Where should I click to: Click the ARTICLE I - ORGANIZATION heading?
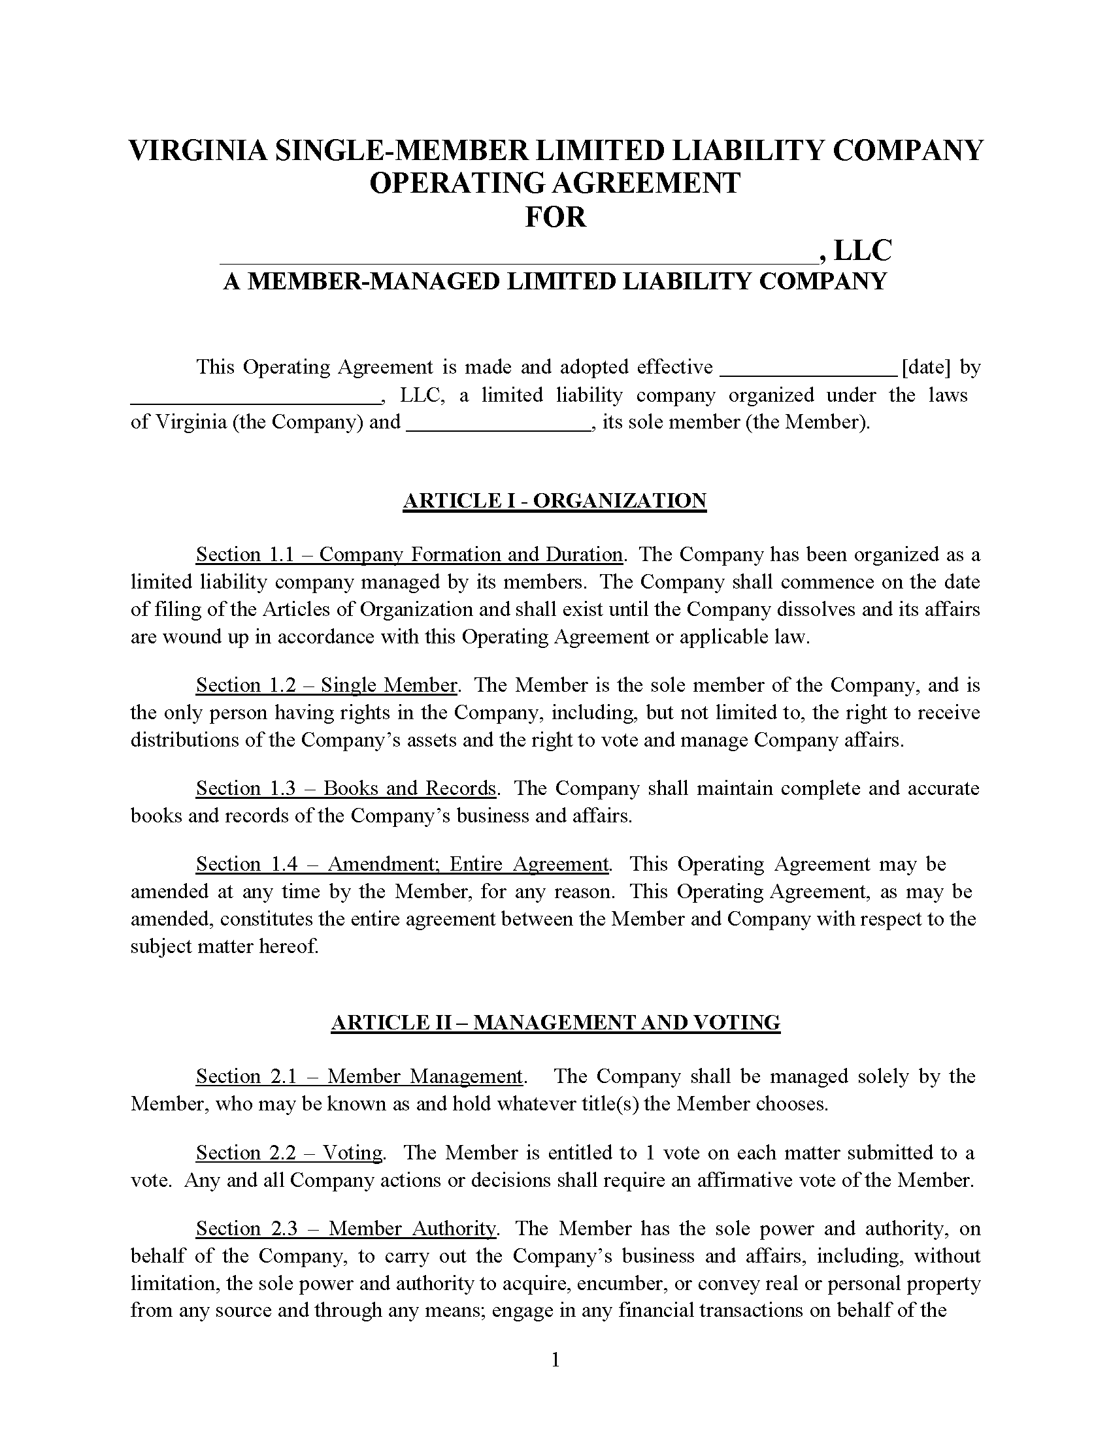[554, 501]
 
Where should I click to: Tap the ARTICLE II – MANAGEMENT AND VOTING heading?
[555, 1022]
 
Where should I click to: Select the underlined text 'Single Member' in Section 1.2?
[388, 686]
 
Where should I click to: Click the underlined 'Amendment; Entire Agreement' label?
[468, 864]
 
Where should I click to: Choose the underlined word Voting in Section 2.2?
[353, 1153]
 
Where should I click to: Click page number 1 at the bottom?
[555, 1359]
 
